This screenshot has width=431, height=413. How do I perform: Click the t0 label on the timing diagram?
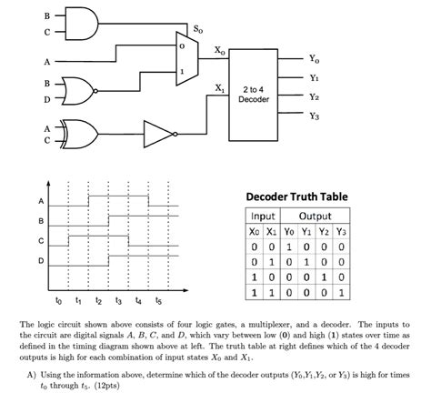(x=58, y=299)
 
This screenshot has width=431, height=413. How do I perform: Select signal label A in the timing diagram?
(x=39, y=201)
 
